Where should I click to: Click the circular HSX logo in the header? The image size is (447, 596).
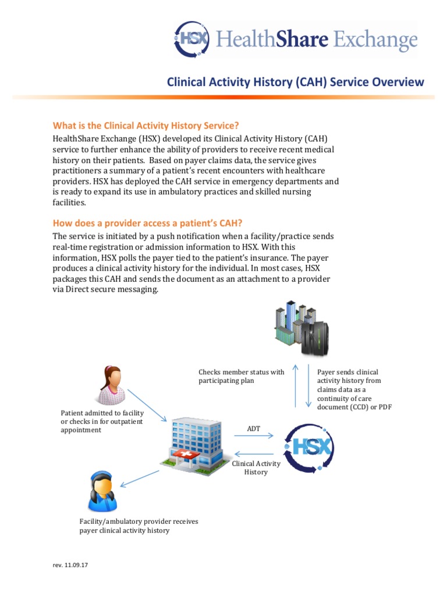(x=192, y=40)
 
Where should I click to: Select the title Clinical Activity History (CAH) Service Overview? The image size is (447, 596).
(x=296, y=82)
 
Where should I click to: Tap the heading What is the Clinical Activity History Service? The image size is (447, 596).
(x=146, y=126)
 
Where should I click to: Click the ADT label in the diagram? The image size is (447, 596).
(x=254, y=429)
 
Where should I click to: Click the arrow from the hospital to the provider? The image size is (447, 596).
(x=140, y=476)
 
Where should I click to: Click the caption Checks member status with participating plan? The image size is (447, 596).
(x=241, y=376)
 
